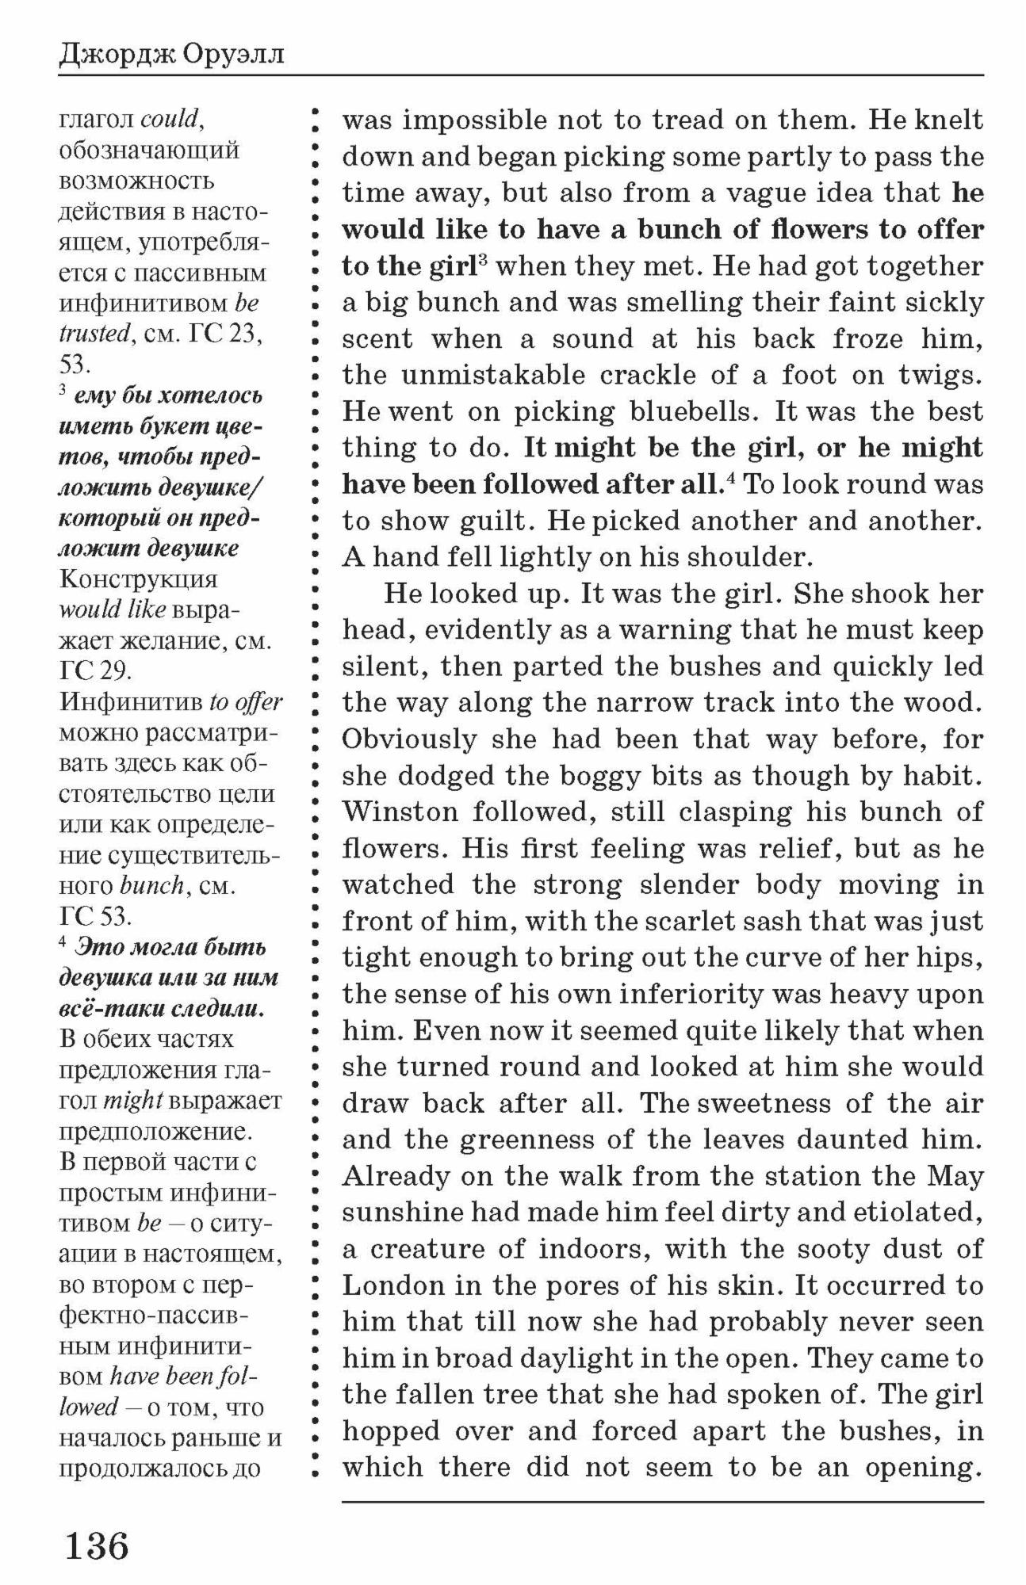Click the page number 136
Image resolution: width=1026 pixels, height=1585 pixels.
(97, 1545)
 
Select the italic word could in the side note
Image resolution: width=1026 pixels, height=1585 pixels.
(170, 119)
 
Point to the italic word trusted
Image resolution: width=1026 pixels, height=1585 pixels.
(94, 334)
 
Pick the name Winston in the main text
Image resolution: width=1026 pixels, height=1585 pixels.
(400, 812)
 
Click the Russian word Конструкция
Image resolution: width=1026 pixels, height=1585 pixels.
(138, 579)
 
